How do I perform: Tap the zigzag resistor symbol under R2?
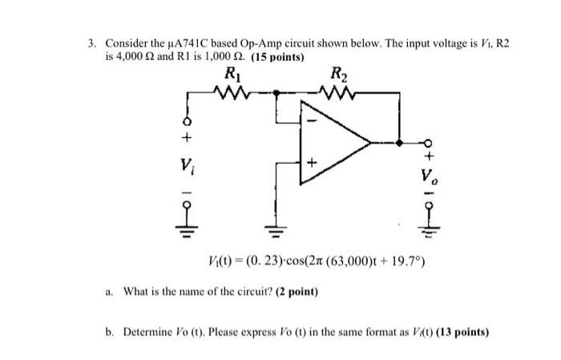pyautogui.click(x=340, y=94)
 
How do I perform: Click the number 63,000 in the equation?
pyautogui.click(x=323, y=261)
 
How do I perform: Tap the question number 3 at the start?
pyautogui.click(x=91, y=42)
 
